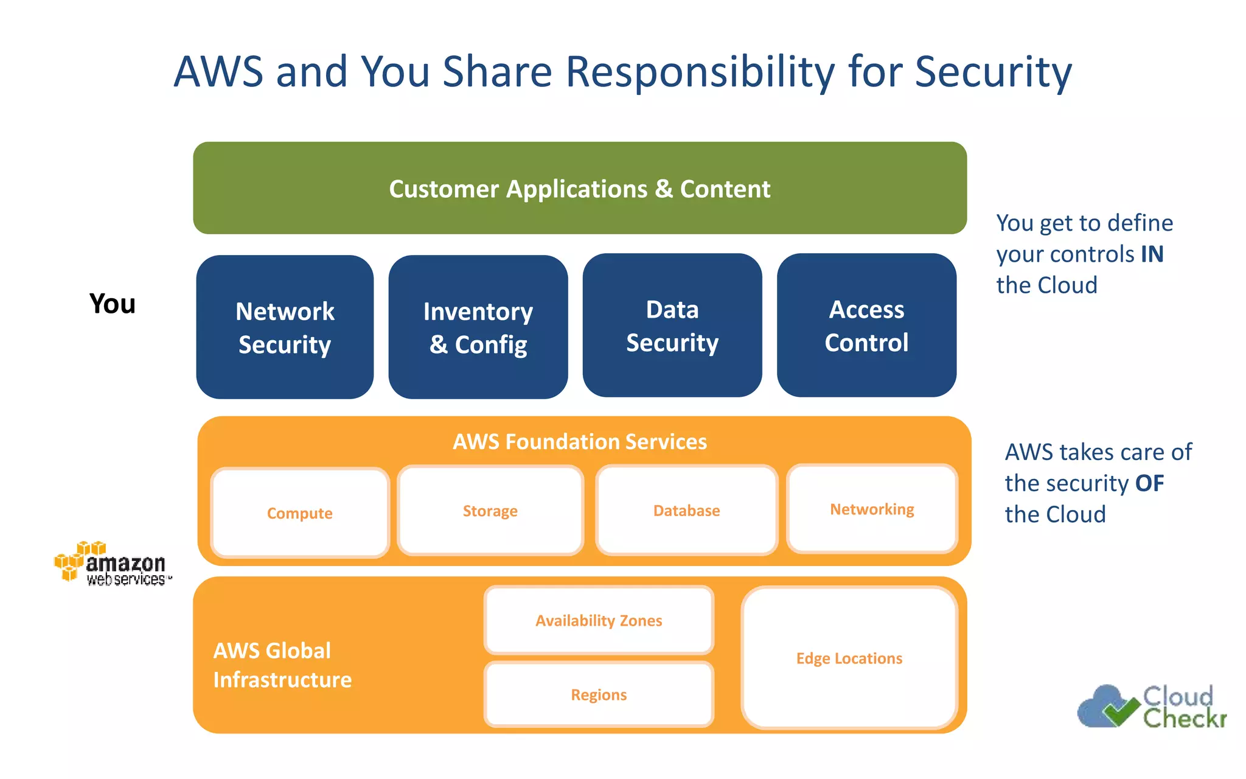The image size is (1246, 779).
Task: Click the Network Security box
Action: pos(285,327)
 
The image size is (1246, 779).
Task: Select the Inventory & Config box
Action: pos(478,327)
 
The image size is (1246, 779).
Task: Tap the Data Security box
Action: pos(672,326)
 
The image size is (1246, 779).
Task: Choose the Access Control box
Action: pos(866,326)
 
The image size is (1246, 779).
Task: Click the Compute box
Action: pos(299,513)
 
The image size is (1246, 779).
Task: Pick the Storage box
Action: pos(490,511)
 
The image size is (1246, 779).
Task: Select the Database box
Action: pos(686,511)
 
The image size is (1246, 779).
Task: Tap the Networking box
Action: pos(872,509)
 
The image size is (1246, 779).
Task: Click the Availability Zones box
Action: pos(599,620)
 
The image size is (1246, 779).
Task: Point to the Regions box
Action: pos(599,694)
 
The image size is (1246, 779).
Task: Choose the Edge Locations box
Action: pos(849,658)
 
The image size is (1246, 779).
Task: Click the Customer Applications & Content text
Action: pos(580,189)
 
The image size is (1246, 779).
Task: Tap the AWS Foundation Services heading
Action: pos(580,441)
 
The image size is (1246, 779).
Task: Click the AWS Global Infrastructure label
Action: pos(282,665)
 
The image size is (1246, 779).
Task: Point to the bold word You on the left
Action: pos(113,304)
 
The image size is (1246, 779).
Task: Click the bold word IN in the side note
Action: pos(1152,254)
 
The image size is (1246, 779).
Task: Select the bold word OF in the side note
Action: pos(1149,483)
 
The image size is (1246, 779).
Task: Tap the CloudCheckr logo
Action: pos(1152,707)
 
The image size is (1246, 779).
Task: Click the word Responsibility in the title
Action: pos(700,72)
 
